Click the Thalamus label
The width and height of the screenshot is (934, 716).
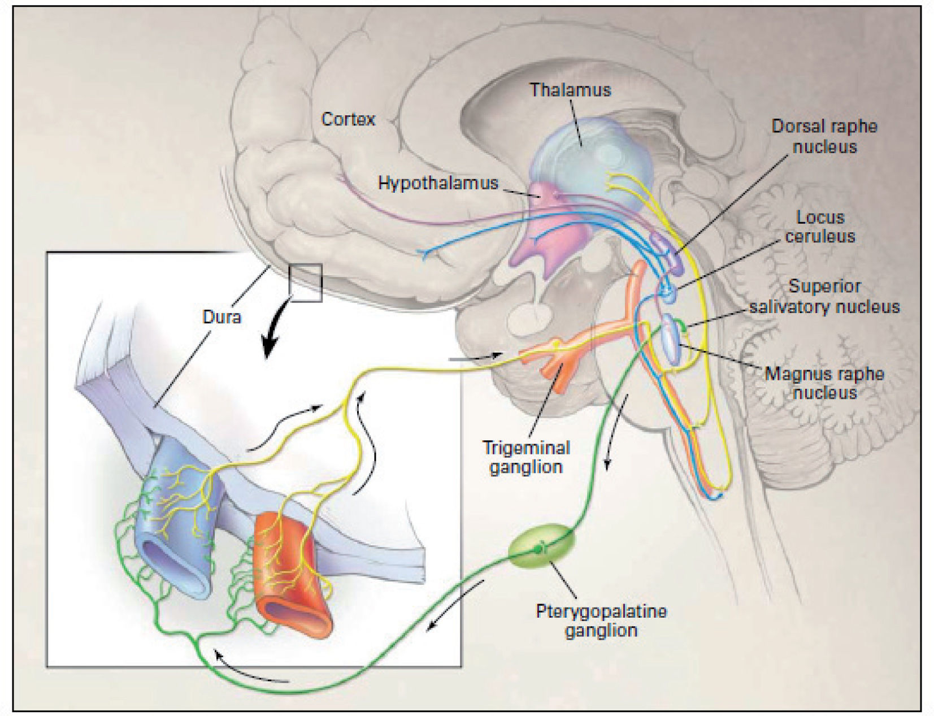pyautogui.click(x=570, y=90)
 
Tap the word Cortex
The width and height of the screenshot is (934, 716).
pyautogui.click(x=348, y=119)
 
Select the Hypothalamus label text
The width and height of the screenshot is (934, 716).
pyautogui.click(x=438, y=183)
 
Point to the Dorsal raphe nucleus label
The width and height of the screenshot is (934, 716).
pyautogui.click(x=824, y=136)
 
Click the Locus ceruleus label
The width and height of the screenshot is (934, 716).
pyautogui.click(x=820, y=227)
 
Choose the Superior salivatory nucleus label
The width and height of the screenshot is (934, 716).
pyautogui.click(x=824, y=296)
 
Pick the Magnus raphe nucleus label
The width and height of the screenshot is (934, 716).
pyautogui.click(x=824, y=383)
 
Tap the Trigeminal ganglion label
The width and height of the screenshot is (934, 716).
pyautogui.click(x=526, y=457)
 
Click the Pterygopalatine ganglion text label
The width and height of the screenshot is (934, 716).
pyautogui.click(x=601, y=620)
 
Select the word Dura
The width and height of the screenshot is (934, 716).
pyautogui.click(x=221, y=316)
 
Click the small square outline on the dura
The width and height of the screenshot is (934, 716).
pyautogui.click(x=306, y=282)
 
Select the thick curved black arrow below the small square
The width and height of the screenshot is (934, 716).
pyautogui.click(x=276, y=333)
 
